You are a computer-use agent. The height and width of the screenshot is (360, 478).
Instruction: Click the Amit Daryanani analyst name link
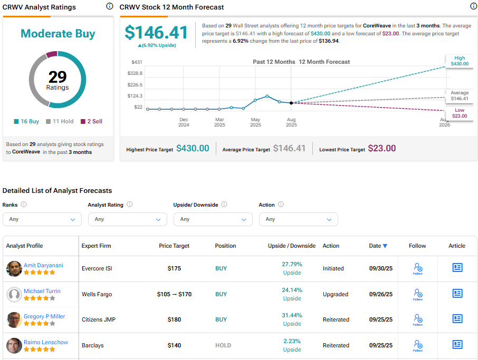43,265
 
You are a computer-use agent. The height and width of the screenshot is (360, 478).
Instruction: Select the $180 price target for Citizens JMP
174,319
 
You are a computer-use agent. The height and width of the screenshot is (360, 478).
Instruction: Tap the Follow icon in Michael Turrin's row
418,294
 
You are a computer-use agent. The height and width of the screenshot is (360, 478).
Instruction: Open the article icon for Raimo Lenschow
457,345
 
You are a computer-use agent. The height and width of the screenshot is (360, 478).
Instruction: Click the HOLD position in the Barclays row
223,345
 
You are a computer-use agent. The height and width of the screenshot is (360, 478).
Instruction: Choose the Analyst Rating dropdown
128,219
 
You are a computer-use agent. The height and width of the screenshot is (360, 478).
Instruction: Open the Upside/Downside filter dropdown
213,219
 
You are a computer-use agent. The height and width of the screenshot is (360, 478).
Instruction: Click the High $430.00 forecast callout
459,61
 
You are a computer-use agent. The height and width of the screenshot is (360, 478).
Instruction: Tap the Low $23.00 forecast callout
459,113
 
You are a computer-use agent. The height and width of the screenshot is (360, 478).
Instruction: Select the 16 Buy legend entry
26,121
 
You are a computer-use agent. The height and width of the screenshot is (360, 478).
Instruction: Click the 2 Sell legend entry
91,121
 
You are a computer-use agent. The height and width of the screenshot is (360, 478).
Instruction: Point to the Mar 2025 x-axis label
219,122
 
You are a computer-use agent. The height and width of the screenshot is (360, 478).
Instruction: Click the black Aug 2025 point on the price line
291,103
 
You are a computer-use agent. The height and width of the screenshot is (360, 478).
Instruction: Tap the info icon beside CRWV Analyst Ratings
109,6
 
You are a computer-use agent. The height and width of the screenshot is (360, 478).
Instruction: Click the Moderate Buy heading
58,34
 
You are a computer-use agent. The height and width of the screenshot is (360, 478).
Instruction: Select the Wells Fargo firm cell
97,294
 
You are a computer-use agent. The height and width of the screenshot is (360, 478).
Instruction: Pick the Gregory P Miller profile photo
14,320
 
